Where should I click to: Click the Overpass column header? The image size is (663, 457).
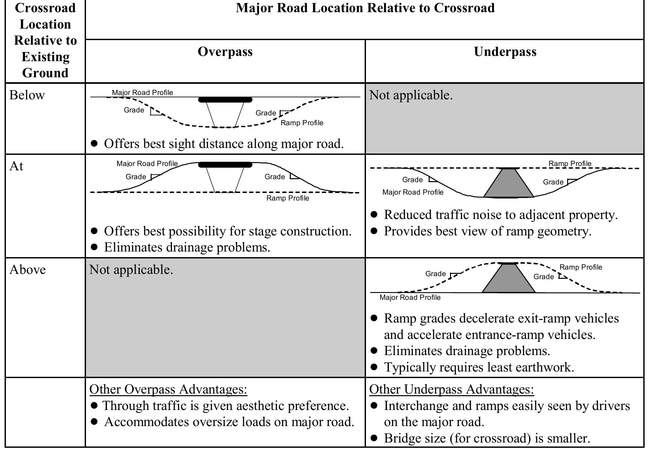(225, 52)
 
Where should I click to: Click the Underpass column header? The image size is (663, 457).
(505, 52)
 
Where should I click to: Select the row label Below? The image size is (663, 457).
(27, 95)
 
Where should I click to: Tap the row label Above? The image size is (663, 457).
(28, 270)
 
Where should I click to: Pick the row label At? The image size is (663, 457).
(16, 166)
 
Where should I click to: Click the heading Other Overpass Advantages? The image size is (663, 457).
(168, 389)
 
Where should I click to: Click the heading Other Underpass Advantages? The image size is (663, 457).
(451, 389)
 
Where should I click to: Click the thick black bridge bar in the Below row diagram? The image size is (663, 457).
(225, 100)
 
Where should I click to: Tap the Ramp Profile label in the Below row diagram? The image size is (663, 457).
(302, 123)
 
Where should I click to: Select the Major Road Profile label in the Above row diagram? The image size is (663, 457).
(410, 298)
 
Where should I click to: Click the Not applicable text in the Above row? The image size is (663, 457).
(131, 270)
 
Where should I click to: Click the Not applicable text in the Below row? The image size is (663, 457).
(411, 95)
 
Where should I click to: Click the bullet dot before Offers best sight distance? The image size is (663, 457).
(94, 143)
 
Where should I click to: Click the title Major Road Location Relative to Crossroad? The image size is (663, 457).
(365, 8)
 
